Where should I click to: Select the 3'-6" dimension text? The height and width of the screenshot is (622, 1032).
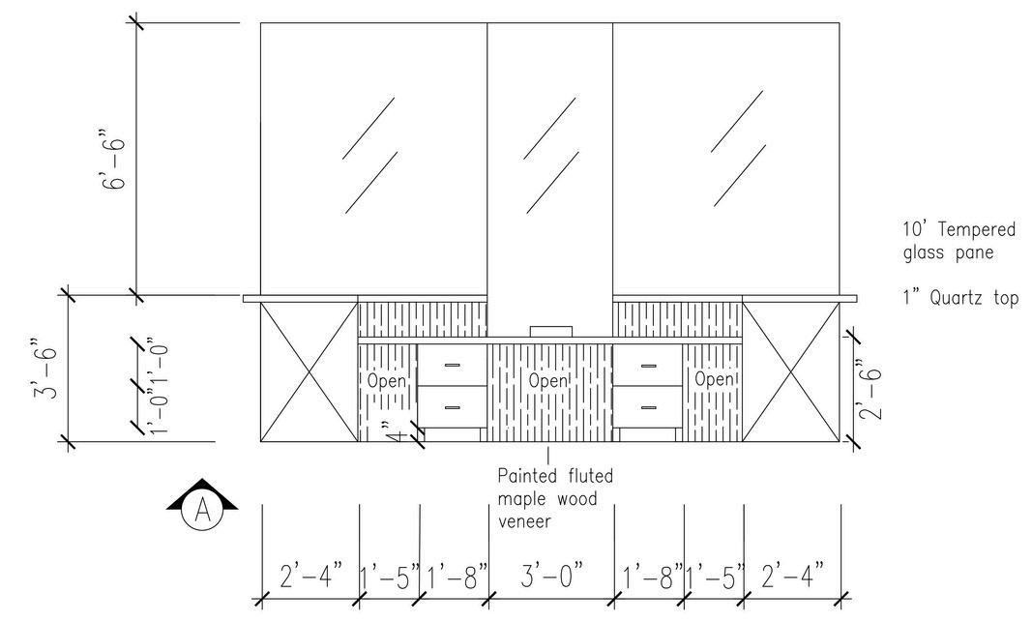(44, 369)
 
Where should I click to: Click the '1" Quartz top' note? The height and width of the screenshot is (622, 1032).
(958, 299)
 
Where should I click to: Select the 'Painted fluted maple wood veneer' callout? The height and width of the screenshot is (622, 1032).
(553, 498)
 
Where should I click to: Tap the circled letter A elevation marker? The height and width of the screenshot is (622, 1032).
(202, 509)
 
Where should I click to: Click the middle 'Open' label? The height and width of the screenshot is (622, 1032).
(548, 381)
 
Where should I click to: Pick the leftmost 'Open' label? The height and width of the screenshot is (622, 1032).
(387, 381)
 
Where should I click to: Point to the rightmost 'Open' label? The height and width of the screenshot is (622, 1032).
(714, 380)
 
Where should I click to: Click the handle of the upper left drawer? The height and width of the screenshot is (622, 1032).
(452, 365)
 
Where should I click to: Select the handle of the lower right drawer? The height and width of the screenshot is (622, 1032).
(647, 406)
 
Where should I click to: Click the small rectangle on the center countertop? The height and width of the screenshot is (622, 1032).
(549, 331)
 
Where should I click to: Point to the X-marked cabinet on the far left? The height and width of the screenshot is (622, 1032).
(310, 372)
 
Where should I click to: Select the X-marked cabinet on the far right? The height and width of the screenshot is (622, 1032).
(790, 372)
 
